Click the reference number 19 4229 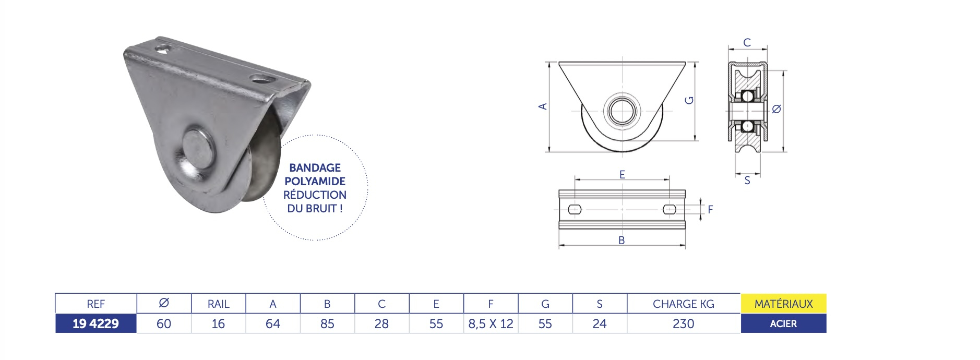point(95,323)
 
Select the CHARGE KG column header point(683,304)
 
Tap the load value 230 point(683,323)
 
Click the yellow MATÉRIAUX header point(783,304)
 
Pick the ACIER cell point(783,323)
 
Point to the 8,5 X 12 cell point(491,323)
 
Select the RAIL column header point(218,304)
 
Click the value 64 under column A point(272,323)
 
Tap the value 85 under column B point(327,323)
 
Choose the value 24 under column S point(600,323)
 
